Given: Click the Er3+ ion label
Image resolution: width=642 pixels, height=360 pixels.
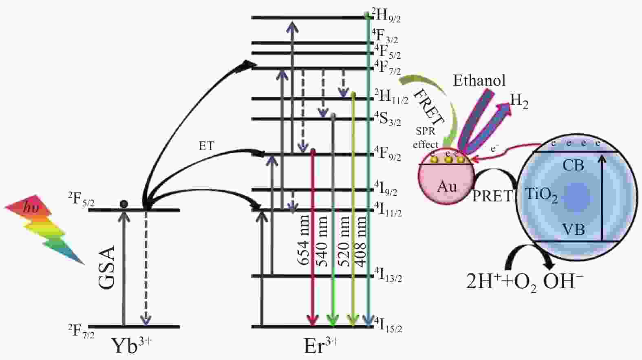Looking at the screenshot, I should point(321,346).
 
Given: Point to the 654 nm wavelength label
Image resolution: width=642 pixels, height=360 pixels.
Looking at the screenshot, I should point(303,241).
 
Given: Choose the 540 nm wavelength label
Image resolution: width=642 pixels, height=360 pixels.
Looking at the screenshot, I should point(322,241).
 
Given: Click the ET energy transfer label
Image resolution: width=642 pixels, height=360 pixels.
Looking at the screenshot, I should point(206,146).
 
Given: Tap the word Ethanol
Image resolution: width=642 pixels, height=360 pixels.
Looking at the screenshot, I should point(479,80).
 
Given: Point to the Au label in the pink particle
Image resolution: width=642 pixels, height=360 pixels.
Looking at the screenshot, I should point(447,187).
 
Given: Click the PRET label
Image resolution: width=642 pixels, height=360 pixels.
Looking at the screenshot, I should point(492,197).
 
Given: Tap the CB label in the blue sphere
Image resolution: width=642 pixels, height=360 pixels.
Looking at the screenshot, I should point(573,166).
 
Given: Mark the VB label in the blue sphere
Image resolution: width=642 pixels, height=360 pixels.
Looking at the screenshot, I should point(574,230).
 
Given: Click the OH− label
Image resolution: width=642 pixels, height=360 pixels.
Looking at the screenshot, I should point(563,281).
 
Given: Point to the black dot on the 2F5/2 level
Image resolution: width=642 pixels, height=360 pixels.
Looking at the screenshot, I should point(124,203).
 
